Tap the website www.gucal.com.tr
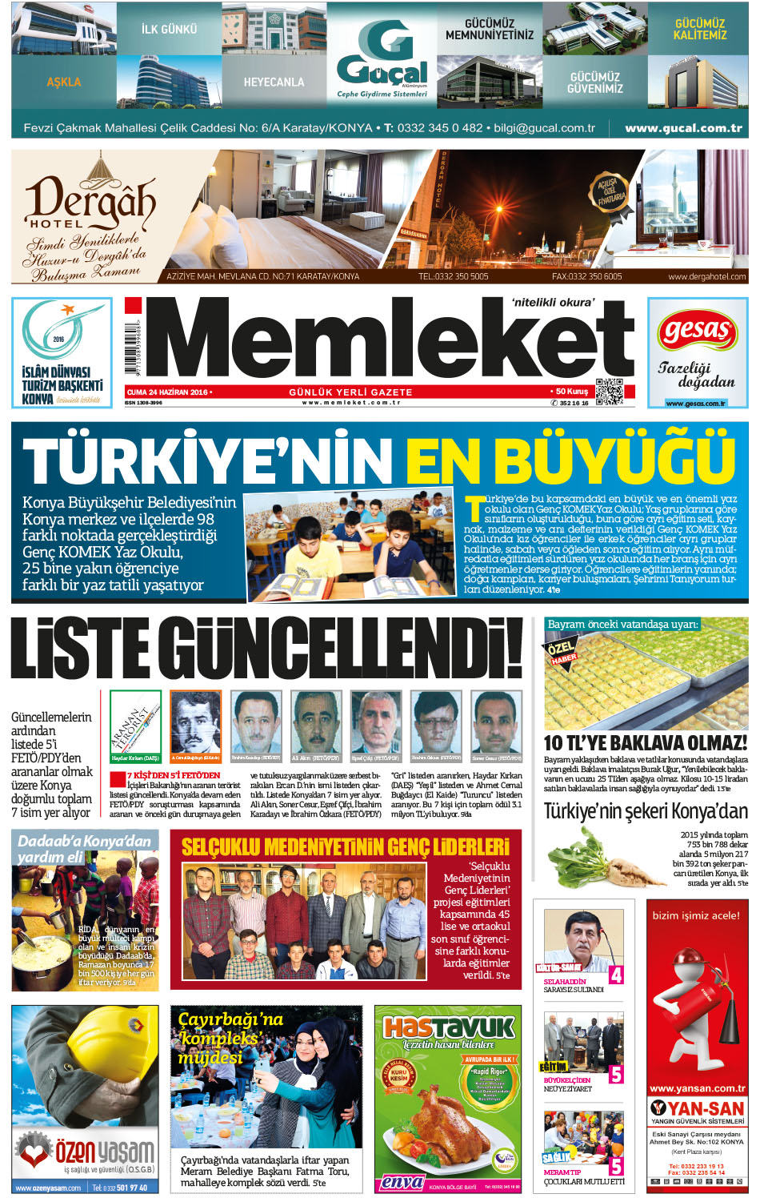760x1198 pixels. [x=683, y=128]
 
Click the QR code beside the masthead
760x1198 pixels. [x=609, y=392]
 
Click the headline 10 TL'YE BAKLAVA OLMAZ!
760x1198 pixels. [x=645, y=743]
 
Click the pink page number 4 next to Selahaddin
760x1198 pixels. [x=615, y=975]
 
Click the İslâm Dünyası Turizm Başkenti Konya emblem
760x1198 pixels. [x=61, y=352]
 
